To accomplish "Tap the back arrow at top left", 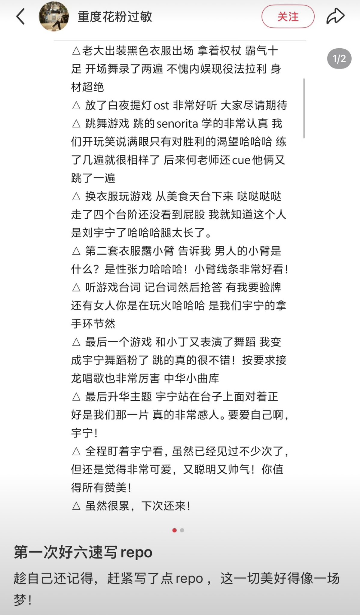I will (20, 17).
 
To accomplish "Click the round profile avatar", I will (54, 17).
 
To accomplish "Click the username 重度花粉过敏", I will (115, 17).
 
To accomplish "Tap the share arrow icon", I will (335, 16).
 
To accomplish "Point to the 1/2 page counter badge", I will (339, 59).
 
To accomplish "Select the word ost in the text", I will (161, 106).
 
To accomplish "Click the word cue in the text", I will (241, 160).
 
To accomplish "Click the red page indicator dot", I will (175, 530).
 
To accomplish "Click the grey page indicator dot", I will (182, 530).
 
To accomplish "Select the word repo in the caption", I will (189, 578).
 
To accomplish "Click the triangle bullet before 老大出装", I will (76, 51).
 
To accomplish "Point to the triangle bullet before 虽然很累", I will (76, 506).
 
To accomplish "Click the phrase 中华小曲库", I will (191, 378).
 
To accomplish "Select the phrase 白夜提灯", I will (130, 106).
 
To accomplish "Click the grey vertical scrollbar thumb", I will (304, 108).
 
